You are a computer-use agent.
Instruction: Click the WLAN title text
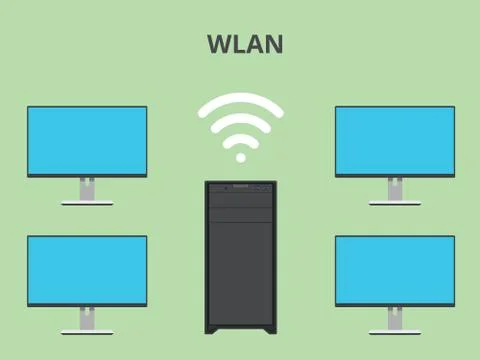click(245, 44)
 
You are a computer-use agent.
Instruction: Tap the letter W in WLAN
click(220, 44)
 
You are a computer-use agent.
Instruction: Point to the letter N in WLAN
click(273, 44)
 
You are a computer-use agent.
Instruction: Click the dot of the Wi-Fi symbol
click(240, 157)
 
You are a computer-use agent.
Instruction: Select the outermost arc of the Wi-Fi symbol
click(240, 101)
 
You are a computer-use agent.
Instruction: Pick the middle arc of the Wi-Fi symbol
click(240, 121)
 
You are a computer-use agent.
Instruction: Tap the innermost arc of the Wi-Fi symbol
click(240, 139)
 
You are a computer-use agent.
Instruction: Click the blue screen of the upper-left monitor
click(87, 139)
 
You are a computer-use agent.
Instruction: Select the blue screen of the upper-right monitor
click(394, 139)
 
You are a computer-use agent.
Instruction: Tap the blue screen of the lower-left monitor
click(87, 269)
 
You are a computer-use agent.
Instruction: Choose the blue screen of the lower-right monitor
click(394, 269)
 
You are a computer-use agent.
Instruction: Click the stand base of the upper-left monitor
click(87, 203)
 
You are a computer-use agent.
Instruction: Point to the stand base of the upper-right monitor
click(394, 203)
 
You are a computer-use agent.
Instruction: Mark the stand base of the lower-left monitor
click(87, 332)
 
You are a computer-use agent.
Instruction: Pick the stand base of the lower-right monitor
click(394, 332)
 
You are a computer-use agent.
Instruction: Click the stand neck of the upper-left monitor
click(87, 188)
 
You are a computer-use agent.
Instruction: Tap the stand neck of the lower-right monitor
click(394, 318)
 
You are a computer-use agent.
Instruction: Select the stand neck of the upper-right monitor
click(394, 188)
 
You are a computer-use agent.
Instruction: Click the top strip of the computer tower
click(240, 187)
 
